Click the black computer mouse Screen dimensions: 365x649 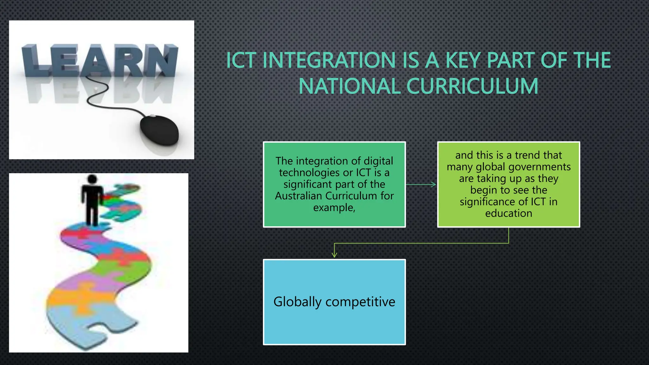pos(159,131)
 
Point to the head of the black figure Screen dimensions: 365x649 pos(92,179)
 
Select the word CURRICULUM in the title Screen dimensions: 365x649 pos(472,86)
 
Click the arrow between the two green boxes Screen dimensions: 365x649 pos(421,184)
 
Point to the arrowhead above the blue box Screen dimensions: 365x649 pos(334,255)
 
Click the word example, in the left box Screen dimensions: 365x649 pos(334,208)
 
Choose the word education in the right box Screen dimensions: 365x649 pos(508,213)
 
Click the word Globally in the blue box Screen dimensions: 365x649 pos(297,302)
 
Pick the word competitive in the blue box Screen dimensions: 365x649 pos(360,302)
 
